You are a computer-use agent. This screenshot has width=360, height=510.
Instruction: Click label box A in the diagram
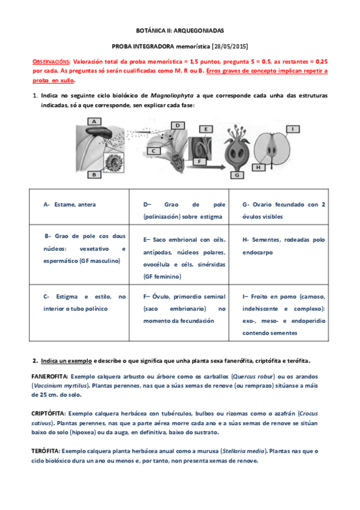point(94,121)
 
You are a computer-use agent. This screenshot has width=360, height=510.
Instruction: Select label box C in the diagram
point(153,151)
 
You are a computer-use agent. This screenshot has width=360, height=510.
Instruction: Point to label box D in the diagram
point(177,125)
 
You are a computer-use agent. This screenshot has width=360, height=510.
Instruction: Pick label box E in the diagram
point(206,129)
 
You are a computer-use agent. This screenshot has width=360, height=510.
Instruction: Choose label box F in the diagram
point(198,161)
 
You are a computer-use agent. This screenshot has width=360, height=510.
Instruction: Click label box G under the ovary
point(236,175)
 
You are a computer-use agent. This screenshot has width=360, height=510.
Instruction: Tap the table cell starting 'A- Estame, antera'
point(70,204)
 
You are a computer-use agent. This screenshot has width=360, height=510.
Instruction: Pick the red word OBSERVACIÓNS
point(50,61)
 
